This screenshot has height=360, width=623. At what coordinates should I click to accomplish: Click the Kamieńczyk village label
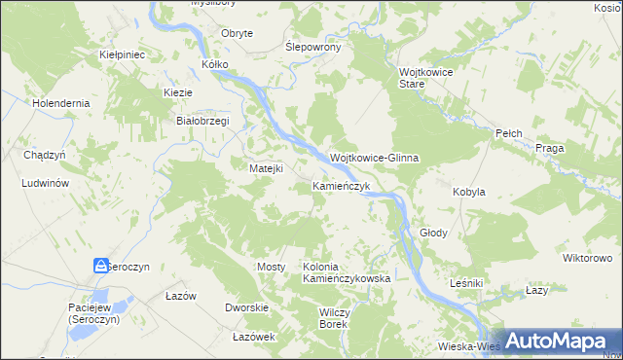point(341,185)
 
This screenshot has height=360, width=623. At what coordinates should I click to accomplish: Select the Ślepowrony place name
point(311,47)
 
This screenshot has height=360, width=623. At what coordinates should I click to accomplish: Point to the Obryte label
point(238,33)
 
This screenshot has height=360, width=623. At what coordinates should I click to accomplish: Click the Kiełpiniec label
point(123,55)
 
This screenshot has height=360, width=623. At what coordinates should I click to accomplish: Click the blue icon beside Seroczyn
point(101,266)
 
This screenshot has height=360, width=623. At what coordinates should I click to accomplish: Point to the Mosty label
point(270,267)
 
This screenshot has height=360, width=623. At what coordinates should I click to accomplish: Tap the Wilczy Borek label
point(334,318)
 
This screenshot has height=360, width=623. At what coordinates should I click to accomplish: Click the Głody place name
point(433,234)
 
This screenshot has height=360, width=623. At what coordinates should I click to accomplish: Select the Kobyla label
point(468,193)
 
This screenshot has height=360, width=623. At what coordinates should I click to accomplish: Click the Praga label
point(551,148)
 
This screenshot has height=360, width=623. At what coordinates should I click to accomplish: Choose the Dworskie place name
point(246,307)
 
